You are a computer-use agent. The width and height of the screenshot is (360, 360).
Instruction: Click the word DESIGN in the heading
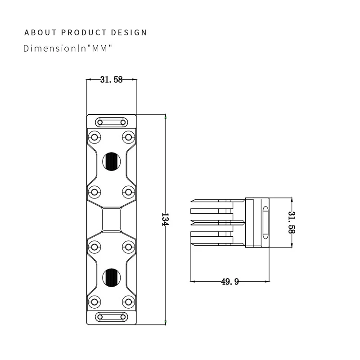pyautogui.click(x=129, y=32)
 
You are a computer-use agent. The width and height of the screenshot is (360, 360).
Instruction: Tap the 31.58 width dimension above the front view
pyautogui.click(x=111, y=80)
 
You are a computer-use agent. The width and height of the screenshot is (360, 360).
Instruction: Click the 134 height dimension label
pyautogui.click(x=165, y=220)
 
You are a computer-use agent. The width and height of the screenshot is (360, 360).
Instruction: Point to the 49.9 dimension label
pyautogui.click(x=229, y=282)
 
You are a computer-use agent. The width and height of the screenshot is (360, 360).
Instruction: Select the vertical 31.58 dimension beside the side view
pyautogui.click(x=292, y=222)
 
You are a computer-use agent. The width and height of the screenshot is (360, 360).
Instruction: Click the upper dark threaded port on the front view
pyautogui.click(x=111, y=162)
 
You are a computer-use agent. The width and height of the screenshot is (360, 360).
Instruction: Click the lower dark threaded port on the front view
pyautogui.click(x=111, y=277)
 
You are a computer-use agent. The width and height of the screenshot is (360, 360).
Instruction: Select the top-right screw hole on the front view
pyautogui.click(x=128, y=137)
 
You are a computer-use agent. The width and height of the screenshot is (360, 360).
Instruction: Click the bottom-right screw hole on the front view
pyautogui.click(x=128, y=302)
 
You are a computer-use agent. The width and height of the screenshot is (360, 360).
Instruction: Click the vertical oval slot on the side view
pyautogui.click(x=265, y=223)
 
